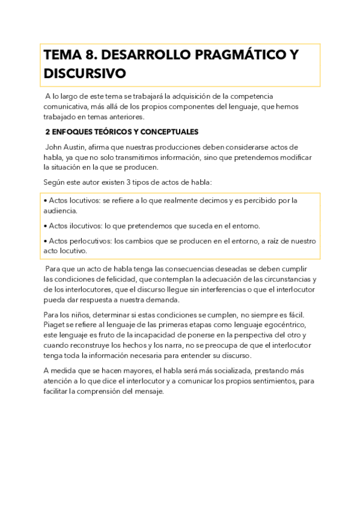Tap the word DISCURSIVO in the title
(85, 74)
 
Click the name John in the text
(56, 147)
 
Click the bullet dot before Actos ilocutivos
(46, 226)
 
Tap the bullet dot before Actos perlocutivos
(46, 241)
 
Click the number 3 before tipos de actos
(144, 182)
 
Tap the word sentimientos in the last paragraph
(266, 381)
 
